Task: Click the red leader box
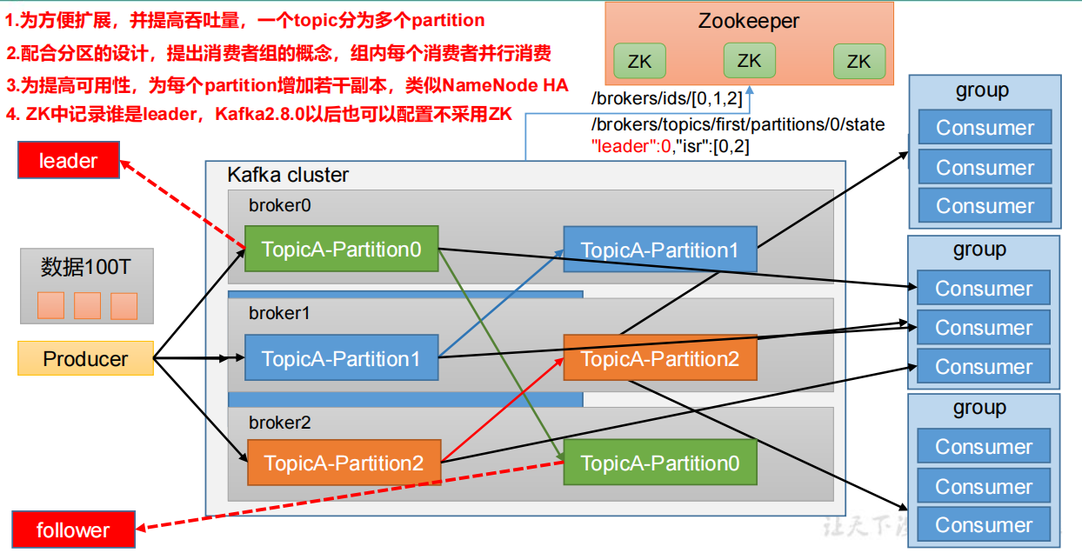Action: coord(69,161)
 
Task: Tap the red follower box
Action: coord(74,530)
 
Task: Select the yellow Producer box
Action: coord(85,358)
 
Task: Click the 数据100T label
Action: coord(86,267)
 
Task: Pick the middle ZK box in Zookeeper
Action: coord(749,61)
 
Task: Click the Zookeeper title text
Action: coord(748,21)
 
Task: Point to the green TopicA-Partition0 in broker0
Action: coord(341,250)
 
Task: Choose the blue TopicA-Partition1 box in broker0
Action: coord(659,250)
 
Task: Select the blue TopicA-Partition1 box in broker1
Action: coord(341,358)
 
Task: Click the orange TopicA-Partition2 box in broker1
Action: coord(659,358)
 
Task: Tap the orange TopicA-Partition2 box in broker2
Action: coord(344,463)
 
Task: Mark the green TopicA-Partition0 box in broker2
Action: coord(659,463)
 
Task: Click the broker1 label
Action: coord(279,312)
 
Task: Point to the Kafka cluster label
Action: coord(288,175)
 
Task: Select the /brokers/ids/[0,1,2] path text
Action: coord(666,98)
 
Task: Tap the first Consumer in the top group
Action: coord(985,128)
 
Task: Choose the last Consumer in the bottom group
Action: coord(984,525)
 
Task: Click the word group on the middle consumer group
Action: coord(979,250)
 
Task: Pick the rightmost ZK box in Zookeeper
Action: coord(858,62)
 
